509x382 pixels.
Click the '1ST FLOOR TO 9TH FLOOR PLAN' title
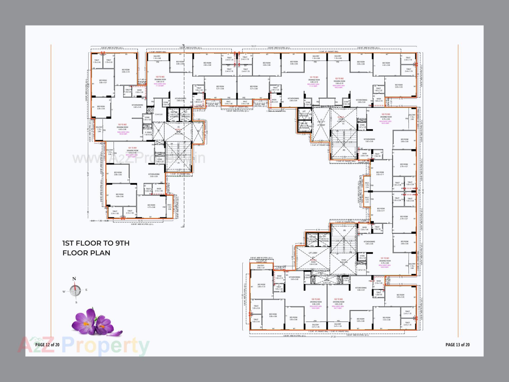point(96,248)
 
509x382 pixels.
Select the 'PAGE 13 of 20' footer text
point(457,345)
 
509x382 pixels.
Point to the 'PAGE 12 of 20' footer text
point(47,345)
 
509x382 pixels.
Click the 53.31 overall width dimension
point(254,46)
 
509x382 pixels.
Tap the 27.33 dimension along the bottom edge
point(333,337)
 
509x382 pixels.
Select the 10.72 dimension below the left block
point(140,221)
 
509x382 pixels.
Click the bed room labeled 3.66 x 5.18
point(126,71)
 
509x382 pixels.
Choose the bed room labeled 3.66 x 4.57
point(103,81)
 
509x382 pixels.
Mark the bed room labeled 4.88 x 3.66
point(120,195)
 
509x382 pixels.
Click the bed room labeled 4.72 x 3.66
point(151,206)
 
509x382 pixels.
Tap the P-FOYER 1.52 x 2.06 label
point(148,133)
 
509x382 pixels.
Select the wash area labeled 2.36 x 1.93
point(139,91)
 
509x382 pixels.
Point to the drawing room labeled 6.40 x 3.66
point(122,128)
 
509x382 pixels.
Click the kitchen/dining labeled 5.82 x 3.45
point(137,106)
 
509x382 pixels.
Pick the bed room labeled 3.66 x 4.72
point(261,285)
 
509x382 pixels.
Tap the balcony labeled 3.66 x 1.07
point(261,267)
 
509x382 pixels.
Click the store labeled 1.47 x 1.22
point(362,126)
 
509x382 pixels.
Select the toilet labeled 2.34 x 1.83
point(115,212)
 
